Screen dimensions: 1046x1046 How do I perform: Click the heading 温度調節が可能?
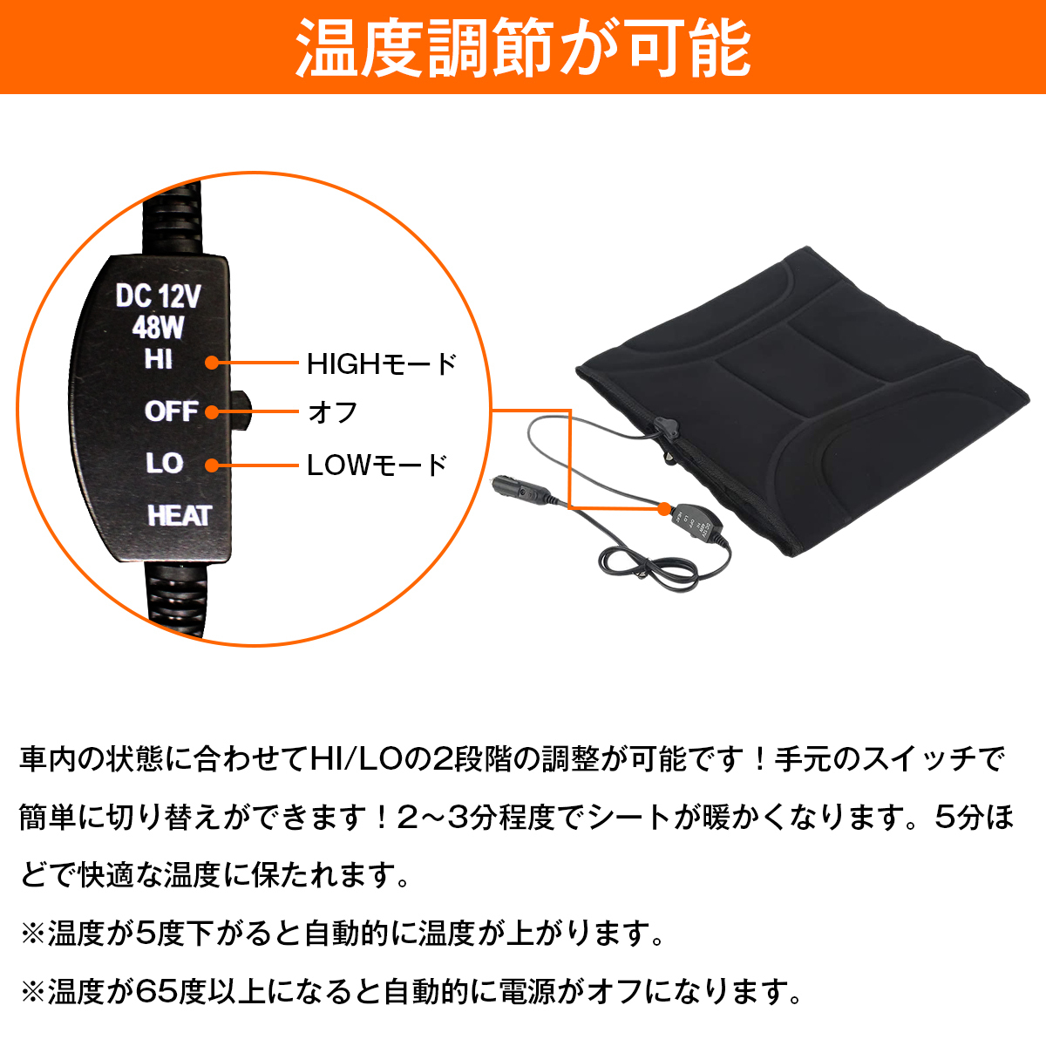point(523,47)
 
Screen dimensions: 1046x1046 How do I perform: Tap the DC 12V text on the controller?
point(158,296)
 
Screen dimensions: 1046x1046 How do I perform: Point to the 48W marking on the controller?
point(158,328)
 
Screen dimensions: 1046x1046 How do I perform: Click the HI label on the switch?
point(158,359)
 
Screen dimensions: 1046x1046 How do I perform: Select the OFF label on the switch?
point(171,411)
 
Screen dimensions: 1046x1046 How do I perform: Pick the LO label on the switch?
point(164,463)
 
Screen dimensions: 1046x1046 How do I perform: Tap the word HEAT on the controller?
point(179,516)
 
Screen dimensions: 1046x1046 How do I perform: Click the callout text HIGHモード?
point(381,363)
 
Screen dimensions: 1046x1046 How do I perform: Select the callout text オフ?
point(332,412)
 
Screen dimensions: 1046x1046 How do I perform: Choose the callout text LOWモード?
point(377,465)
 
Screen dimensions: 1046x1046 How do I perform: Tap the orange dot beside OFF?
point(212,412)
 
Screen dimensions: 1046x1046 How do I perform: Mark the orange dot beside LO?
point(212,465)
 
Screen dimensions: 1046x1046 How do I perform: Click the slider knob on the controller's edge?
point(241,411)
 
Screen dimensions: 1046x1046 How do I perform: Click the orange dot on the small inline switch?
point(664,507)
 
